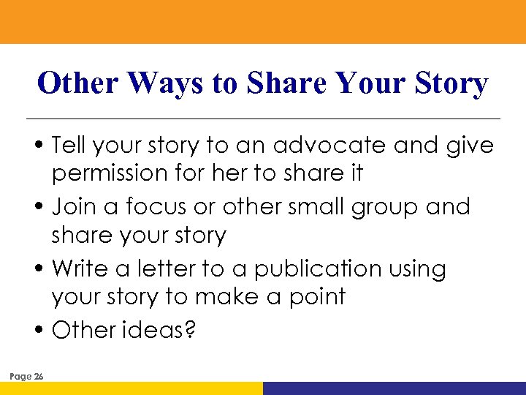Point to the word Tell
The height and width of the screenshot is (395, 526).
click(69, 146)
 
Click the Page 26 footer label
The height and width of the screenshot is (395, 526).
click(26, 377)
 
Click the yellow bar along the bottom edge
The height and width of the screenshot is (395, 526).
click(131, 388)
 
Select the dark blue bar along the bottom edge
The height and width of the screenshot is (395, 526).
click(394, 388)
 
